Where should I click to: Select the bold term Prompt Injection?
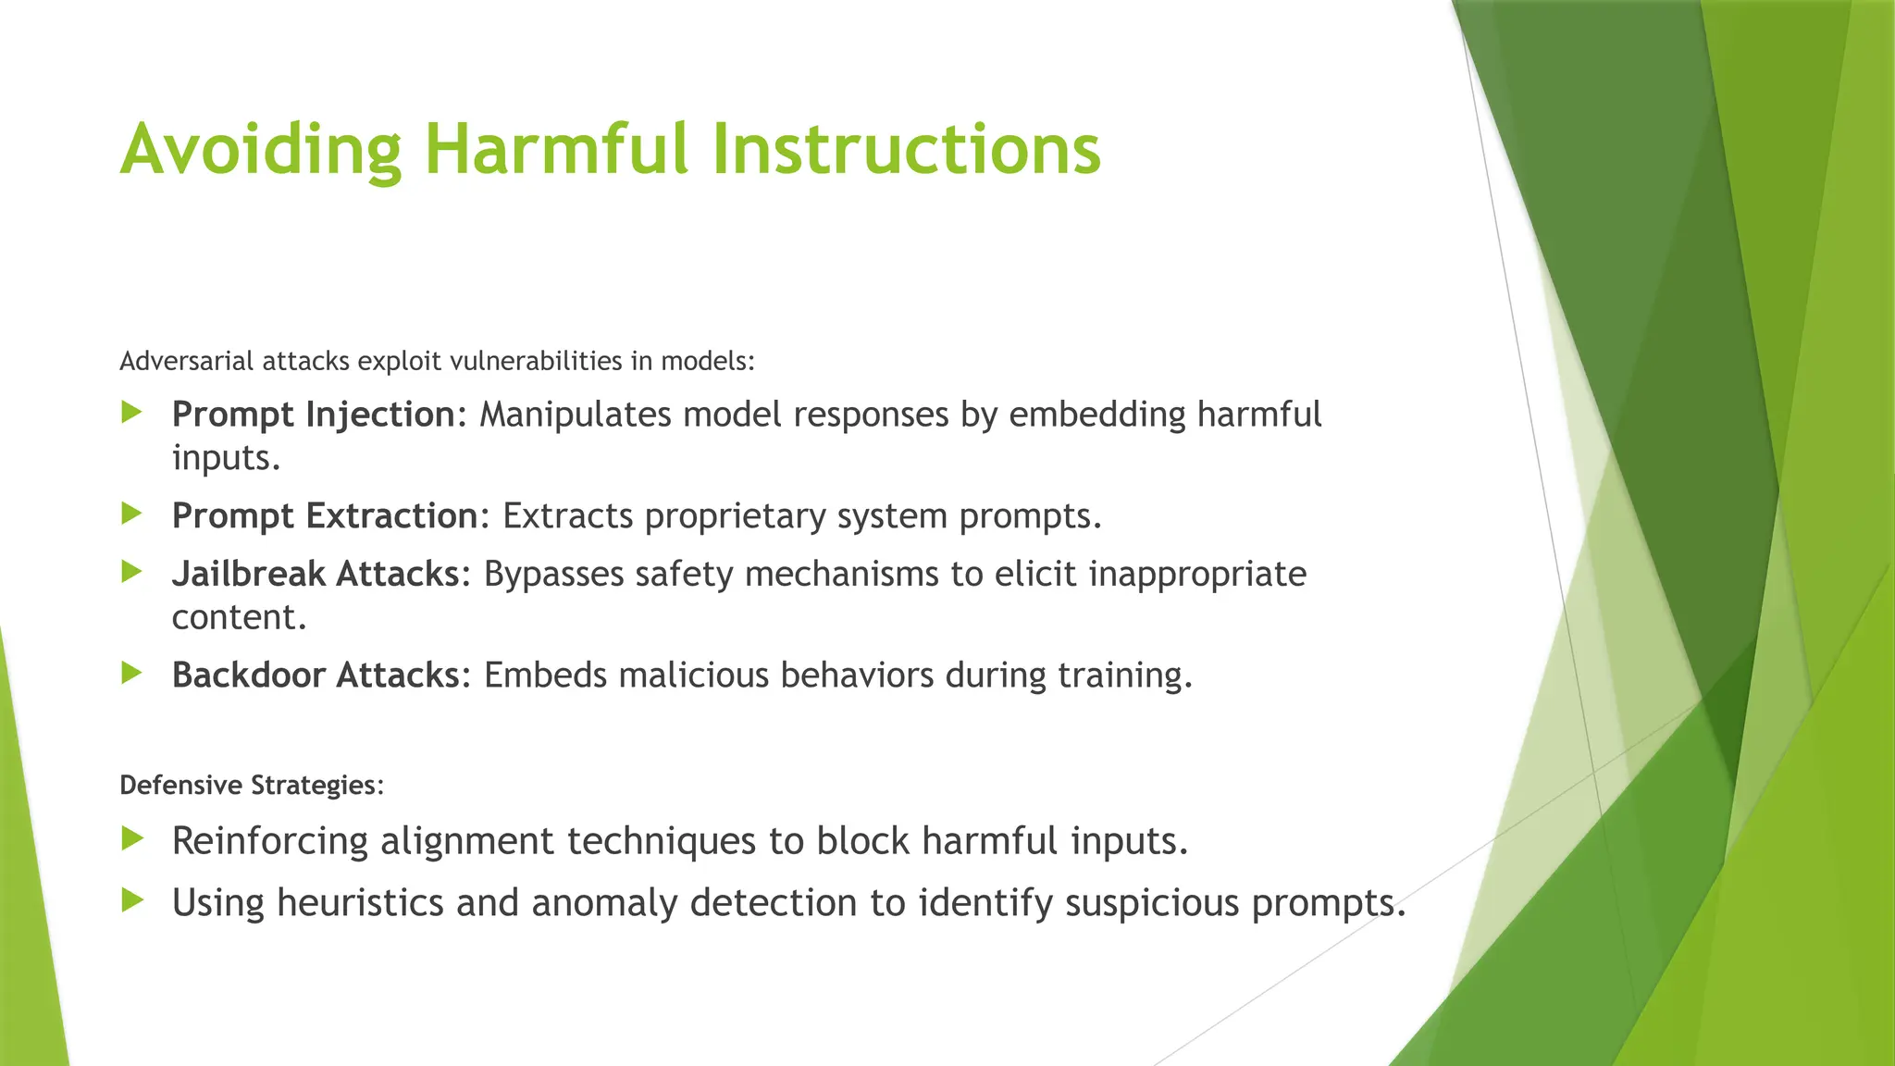click(x=313, y=415)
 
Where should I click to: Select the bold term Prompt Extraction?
click(x=324, y=516)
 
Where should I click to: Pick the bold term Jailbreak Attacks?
click(x=315, y=575)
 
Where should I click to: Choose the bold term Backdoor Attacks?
click(x=315, y=676)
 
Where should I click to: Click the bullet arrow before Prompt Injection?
click(x=132, y=413)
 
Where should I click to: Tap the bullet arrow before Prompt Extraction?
click(x=132, y=514)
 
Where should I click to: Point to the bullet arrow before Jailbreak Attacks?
click(x=132, y=573)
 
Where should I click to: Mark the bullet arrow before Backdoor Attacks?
click(x=132, y=674)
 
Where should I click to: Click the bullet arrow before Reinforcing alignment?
click(x=132, y=839)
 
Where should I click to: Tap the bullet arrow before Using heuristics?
click(x=132, y=900)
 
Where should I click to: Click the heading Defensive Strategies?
click(x=251, y=786)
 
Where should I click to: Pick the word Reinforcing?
click(x=270, y=842)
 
